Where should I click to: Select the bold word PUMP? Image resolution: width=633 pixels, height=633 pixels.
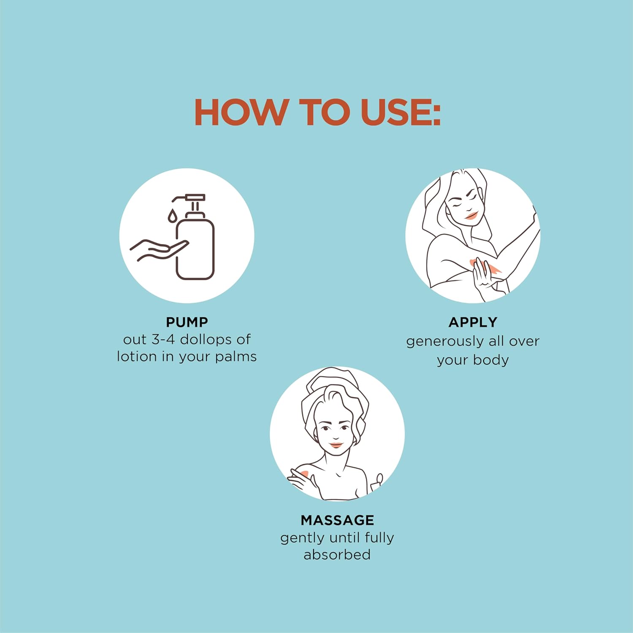click(x=187, y=322)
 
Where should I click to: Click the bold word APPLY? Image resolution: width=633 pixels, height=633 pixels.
click(x=473, y=322)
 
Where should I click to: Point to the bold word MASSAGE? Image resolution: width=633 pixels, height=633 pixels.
click(x=338, y=520)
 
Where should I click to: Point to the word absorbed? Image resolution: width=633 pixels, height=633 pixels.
click(x=337, y=554)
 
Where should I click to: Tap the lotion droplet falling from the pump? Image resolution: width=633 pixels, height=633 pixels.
click(x=171, y=216)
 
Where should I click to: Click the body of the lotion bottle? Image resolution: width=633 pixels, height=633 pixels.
click(x=195, y=249)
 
